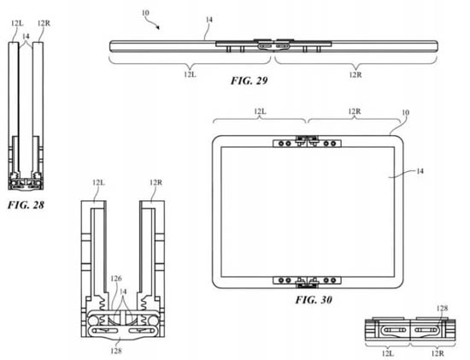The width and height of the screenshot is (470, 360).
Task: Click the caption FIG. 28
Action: coord(26,205)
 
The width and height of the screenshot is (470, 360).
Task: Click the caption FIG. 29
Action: coord(249,80)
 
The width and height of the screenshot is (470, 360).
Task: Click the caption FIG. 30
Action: coord(314,299)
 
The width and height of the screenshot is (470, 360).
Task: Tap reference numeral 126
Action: coord(116,279)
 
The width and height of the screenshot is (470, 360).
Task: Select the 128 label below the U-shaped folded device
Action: coord(116,351)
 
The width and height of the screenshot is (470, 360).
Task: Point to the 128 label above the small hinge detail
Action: coord(442,308)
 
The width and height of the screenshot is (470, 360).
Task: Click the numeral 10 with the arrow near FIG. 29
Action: coord(145,13)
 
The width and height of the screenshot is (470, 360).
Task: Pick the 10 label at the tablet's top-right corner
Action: coord(405,113)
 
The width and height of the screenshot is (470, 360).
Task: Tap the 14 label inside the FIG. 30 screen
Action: coord(420,171)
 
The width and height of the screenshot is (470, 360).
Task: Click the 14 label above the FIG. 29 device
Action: coord(209,20)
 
